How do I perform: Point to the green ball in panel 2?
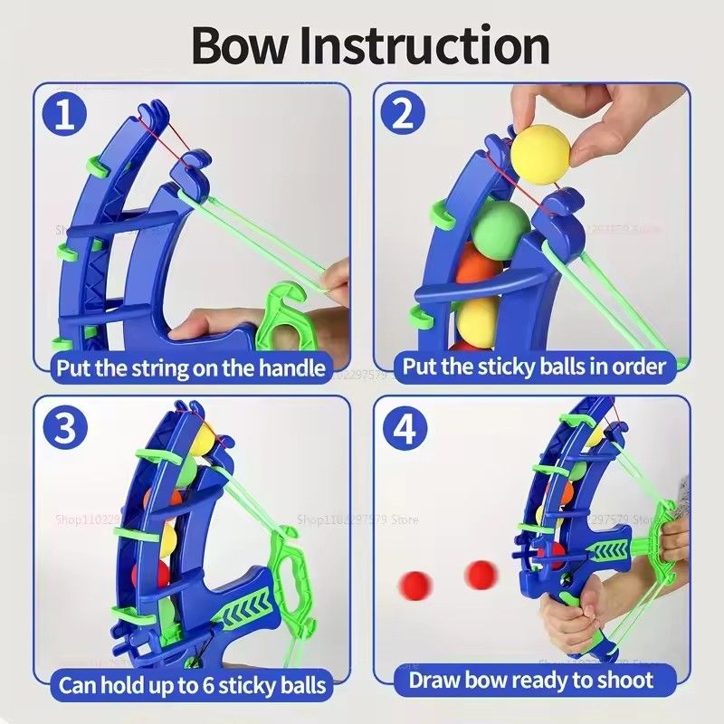(500, 226)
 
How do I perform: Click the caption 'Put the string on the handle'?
(191, 367)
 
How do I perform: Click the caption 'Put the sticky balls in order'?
(534, 367)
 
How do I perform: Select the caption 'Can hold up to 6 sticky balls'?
(193, 684)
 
